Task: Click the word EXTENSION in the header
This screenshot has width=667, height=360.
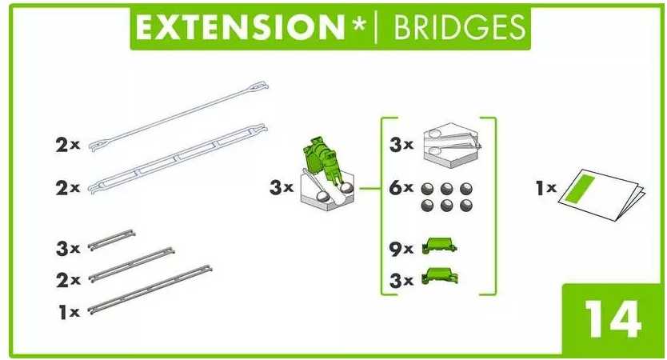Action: click(241, 26)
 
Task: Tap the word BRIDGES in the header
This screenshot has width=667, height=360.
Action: click(459, 27)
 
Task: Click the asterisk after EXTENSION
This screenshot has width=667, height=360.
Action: click(358, 24)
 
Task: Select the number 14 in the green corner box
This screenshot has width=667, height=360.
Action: click(613, 318)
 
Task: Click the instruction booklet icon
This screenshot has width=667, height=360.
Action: click(601, 195)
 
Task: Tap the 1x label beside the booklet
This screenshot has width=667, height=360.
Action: click(546, 188)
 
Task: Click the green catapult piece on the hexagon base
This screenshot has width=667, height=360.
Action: click(323, 159)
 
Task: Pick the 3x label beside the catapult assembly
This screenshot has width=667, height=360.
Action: click(282, 187)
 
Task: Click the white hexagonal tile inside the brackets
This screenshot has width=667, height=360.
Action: click(452, 143)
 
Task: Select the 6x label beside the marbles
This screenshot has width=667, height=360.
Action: click(401, 187)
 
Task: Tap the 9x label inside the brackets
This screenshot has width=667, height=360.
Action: click(401, 249)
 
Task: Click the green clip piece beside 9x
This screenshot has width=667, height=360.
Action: click(439, 246)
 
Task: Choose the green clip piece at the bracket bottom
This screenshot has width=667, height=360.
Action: click(439, 276)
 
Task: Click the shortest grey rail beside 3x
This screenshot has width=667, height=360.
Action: click(111, 239)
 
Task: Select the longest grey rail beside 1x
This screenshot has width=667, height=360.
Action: click(150, 290)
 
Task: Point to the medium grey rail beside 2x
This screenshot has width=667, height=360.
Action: click(131, 264)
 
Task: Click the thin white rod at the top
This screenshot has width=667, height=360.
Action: click(178, 115)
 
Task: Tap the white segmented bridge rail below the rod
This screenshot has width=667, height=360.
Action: click(178, 158)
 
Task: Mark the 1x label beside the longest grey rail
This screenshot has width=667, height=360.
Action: click(69, 312)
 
